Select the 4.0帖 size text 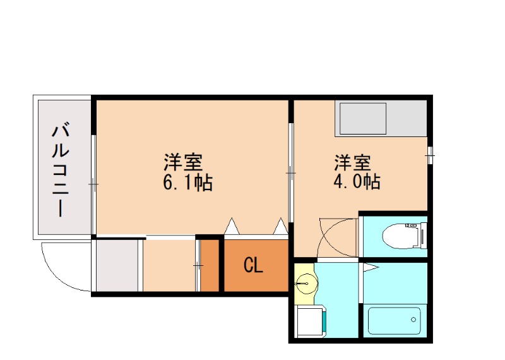tap(356, 183)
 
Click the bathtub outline tap(395, 322)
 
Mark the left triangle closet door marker tap(232, 224)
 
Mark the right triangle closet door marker tap(279, 224)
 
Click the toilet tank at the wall tap(422, 236)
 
